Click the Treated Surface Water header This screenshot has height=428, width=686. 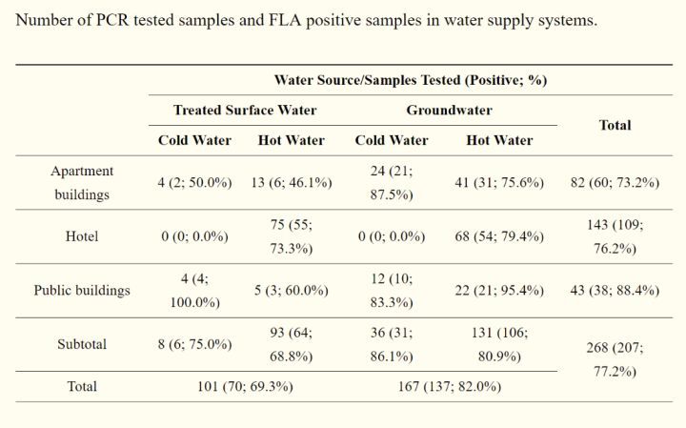(x=245, y=110)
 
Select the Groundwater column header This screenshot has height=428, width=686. (x=449, y=110)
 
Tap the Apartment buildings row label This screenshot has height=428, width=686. (x=82, y=182)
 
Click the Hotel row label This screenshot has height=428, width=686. (x=82, y=236)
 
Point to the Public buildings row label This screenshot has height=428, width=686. (x=82, y=290)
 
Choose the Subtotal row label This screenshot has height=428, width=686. (x=82, y=344)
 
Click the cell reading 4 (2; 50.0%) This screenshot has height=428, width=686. (x=194, y=182)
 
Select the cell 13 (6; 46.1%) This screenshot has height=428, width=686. (x=291, y=182)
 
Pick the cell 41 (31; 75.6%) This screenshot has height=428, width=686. (x=499, y=182)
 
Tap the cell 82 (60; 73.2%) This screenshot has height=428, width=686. (x=615, y=182)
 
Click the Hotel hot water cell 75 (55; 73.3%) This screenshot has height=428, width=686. (x=291, y=236)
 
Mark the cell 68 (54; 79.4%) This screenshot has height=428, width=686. (x=499, y=236)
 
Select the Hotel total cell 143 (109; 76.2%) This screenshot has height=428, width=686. (x=615, y=236)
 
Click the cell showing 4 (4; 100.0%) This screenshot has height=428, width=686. (x=194, y=290)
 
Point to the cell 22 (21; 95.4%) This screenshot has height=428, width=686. (x=499, y=290)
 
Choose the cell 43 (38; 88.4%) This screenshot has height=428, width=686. (x=615, y=290)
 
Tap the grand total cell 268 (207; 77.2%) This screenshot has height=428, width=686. (x=615, y=358)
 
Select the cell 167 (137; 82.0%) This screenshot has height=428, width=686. (x=449, y=387)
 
